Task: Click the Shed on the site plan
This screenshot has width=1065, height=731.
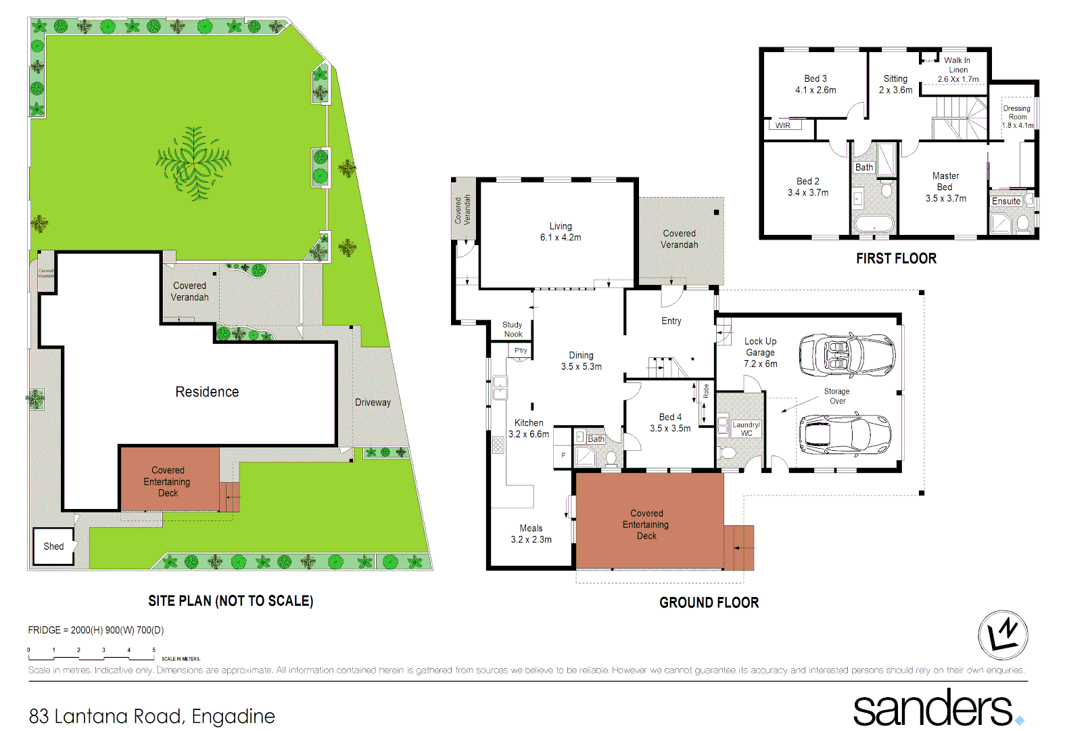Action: pos(53,546)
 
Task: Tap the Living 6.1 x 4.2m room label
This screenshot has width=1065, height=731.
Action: pos(560,231)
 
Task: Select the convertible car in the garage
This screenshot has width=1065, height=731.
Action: pos(847,355)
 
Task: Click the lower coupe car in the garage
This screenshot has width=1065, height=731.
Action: pos(845,434)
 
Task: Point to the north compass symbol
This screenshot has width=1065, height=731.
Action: pos(1003,635)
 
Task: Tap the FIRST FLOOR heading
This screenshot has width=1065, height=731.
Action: pos(896,259)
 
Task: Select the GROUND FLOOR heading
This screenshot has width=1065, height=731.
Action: pos(709,602)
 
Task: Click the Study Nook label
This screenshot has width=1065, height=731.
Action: pos(513,330)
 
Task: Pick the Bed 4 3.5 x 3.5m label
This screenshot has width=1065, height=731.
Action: pos(670,422)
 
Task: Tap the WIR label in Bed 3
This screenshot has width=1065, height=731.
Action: pos(783,125)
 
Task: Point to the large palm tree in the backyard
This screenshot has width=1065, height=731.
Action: pos(194,163)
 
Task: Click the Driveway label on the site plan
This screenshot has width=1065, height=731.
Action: pos(373,402)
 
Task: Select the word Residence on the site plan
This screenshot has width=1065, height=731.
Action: pos(207,392)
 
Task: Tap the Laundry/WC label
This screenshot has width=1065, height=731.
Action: pos(747,429)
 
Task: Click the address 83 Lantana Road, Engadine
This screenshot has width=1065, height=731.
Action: pos(152,716)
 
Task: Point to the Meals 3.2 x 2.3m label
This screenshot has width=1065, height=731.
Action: pos(531,533)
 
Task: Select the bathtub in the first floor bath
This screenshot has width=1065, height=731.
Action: pos(874,224)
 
